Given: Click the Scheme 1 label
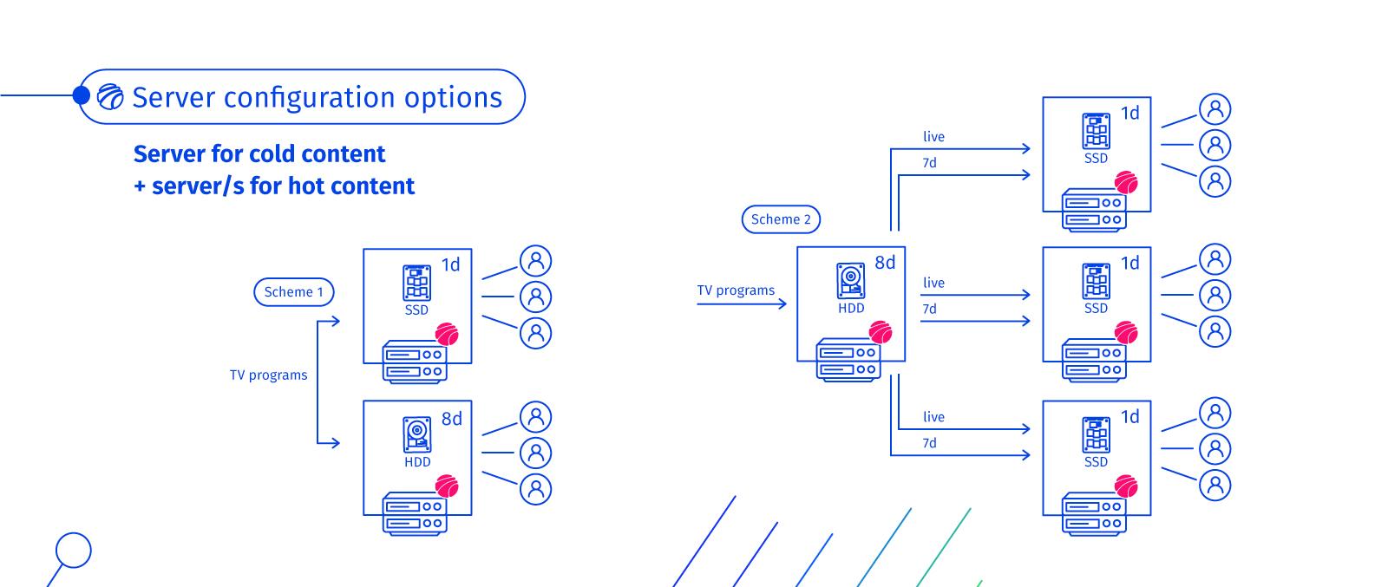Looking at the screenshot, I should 293,292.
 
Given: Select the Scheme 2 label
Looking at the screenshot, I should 781,219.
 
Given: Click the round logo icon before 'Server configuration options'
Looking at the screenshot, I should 110,97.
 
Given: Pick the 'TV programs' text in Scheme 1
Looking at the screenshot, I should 268,375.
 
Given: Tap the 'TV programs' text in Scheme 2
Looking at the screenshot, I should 736,290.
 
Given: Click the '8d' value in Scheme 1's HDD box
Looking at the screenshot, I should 451,419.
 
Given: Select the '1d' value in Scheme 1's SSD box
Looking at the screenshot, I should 450,264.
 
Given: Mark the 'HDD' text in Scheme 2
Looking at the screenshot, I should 851,308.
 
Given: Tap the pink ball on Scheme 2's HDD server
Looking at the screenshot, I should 881,333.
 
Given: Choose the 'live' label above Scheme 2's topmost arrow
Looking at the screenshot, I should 933,137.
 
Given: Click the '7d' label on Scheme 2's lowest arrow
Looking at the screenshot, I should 929,443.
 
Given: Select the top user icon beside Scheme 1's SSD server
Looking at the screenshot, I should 535,261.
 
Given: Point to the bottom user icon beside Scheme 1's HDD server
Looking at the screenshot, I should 535,488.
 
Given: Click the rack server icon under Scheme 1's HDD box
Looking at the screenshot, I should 415,513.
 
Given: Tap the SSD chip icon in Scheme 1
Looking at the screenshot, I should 416,283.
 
